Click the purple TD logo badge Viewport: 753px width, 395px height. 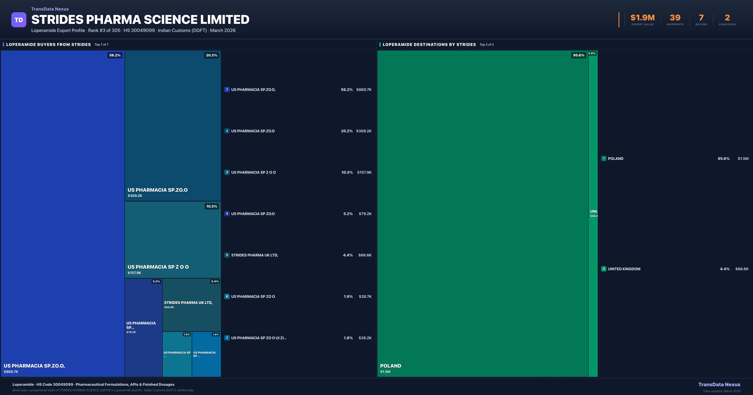(x=19, y=20)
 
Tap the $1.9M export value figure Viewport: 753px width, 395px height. (x=642, y=18)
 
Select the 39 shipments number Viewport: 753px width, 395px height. (x=675, y=18)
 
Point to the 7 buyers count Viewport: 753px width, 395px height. (x=701, y=18)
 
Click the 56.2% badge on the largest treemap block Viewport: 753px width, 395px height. (x=115, y=55)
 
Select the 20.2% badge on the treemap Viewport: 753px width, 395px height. (x=211, y=55)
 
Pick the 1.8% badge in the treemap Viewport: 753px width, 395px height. (x=216, y=334)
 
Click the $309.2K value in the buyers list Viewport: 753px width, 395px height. (x=364, y=131)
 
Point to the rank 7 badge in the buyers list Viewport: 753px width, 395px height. (x=227, y=338)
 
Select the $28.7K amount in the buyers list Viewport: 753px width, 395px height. (x=365, y=297)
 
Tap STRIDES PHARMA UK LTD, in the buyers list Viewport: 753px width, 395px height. (x=254, y=255)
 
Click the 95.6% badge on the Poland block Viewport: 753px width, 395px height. (x=579, y=55)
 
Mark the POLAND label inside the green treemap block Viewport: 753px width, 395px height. (x=390, y=366)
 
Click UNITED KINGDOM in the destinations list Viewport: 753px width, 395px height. (x=624, y=269)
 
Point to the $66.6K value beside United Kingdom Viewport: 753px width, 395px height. (x=742, y=269)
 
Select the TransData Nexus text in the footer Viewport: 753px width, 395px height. (x=719, y=384)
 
